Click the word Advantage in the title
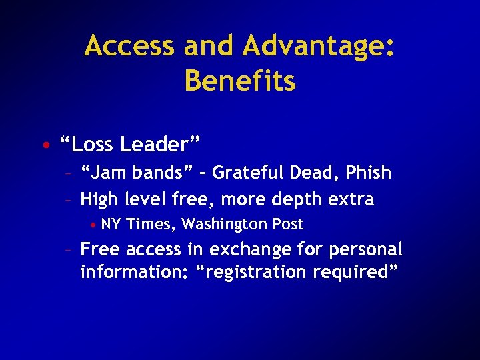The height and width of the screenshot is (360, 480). coord(317,47)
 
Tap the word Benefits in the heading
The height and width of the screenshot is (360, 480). coord(240,81)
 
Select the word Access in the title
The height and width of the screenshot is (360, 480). coord(129,47)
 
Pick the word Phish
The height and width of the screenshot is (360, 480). coord(369,173)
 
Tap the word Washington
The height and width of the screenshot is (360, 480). coord(225,224)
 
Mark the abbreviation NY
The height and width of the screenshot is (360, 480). coord(111,224)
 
